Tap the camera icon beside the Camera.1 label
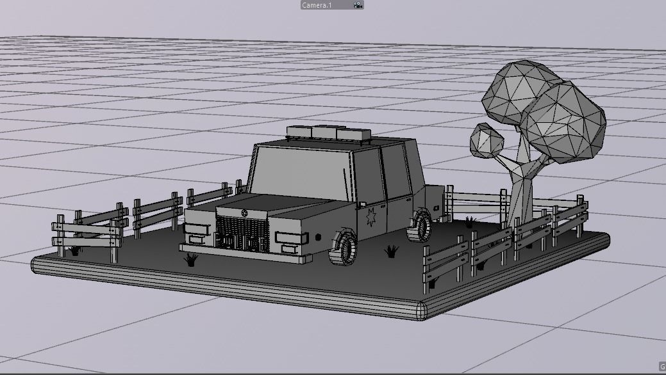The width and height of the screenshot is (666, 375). point(358,4)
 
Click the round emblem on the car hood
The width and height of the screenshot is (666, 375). point(244,212)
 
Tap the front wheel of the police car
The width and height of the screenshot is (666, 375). point(345,248)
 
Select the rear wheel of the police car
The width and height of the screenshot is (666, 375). point(420,227)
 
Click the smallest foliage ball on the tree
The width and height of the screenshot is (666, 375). point(487,140)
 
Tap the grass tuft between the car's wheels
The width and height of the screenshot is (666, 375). point(391,251)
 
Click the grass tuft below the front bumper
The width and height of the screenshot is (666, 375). point(190,259)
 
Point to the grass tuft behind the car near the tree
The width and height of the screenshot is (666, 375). point(470,222)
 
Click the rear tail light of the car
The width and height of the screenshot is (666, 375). point(436,207)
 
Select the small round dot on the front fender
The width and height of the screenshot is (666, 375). point(319,237)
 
